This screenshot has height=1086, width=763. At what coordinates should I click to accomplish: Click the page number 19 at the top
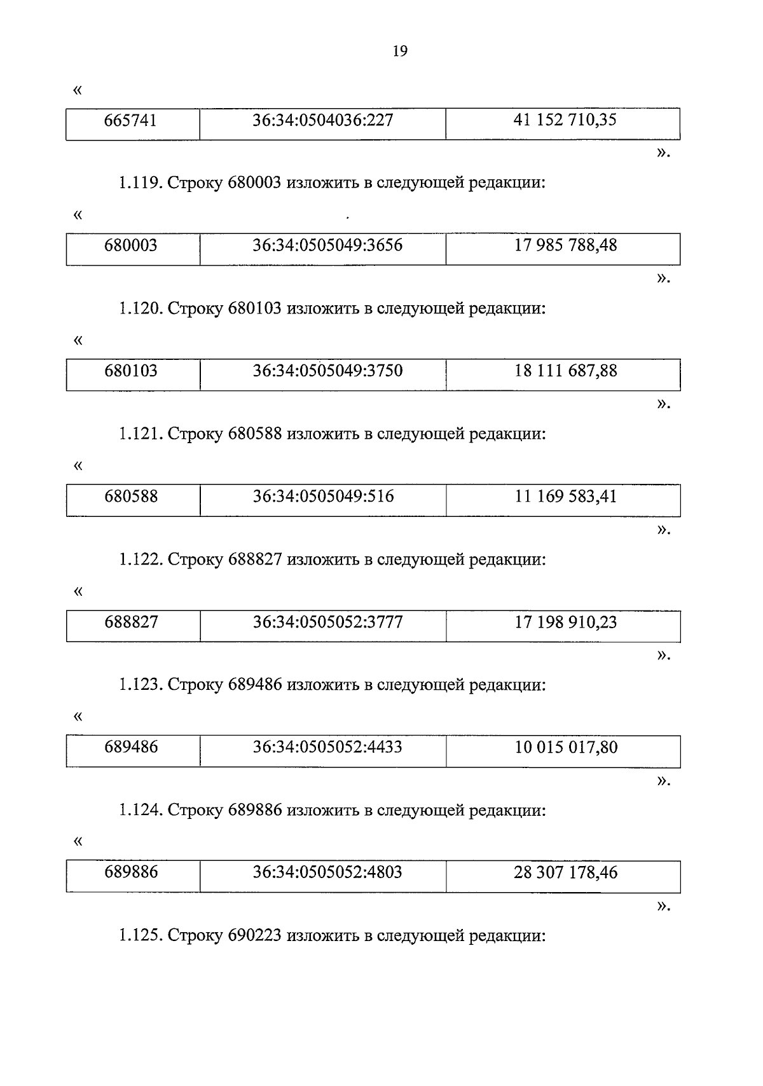[x=400, y=52]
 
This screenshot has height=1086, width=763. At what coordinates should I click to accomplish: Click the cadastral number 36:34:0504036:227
[x=323, y=120]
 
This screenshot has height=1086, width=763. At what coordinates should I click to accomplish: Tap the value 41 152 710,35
[x=565, y=120]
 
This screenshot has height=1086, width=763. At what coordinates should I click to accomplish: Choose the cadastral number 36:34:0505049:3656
[x=327, y=245]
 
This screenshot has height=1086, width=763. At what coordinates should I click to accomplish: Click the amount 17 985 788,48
[x=565, y=245]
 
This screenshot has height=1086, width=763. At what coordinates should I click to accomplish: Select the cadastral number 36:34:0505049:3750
[x=327, y=371]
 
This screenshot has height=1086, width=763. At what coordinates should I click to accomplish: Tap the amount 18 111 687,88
[x=565, y=371]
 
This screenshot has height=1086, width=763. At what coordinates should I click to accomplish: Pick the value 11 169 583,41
[x=565, y=496]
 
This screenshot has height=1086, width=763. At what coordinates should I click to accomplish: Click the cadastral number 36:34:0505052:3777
[x=327, y=622]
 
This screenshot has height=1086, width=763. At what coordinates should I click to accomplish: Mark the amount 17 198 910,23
[x=565, y=622]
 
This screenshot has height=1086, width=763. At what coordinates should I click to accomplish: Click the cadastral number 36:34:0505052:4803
[x=327, y=872]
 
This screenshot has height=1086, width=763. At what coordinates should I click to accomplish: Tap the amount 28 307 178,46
[x=565, y=872]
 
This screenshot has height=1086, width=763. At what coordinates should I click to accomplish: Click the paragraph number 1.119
[x=140, y=184]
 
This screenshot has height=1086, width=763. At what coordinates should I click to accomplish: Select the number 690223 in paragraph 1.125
[x=254, y=937]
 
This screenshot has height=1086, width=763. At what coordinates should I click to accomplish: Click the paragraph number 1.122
[x=140, y=560]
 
